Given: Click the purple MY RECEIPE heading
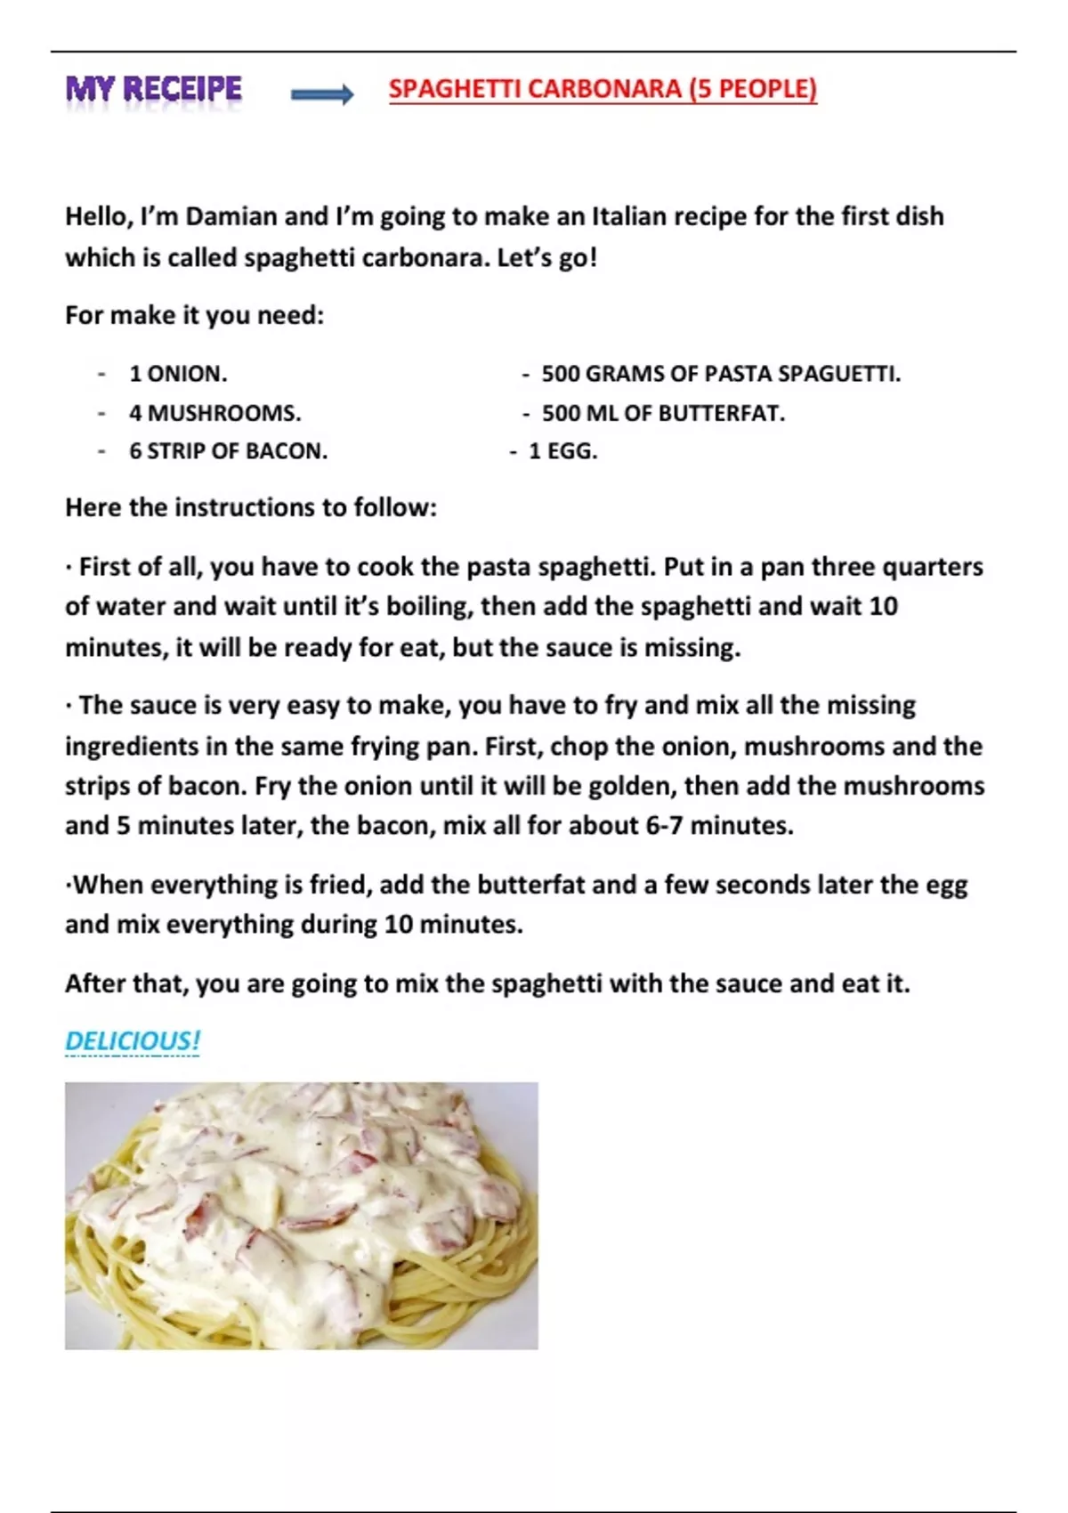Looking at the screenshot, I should point(153,89).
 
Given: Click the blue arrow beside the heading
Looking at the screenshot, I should point(321,93).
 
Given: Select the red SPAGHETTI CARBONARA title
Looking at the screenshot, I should point(603,89).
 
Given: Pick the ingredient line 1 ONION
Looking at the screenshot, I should point(178,374).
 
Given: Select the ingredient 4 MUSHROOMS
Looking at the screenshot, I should point(214,413).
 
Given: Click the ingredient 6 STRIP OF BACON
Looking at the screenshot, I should point(228,451).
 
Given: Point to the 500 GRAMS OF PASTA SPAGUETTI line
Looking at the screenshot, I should point(721,374).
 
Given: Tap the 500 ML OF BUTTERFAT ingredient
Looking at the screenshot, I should point(663,413).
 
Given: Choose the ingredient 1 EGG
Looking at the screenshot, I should point(562,451).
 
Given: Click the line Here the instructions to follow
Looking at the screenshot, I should point(251,507).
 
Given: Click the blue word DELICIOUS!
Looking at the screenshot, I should point(133,1040).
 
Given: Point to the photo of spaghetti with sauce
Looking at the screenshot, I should point(301,1215).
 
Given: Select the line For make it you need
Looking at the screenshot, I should point(194,315).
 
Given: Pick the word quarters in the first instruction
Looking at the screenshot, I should point(933,567).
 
